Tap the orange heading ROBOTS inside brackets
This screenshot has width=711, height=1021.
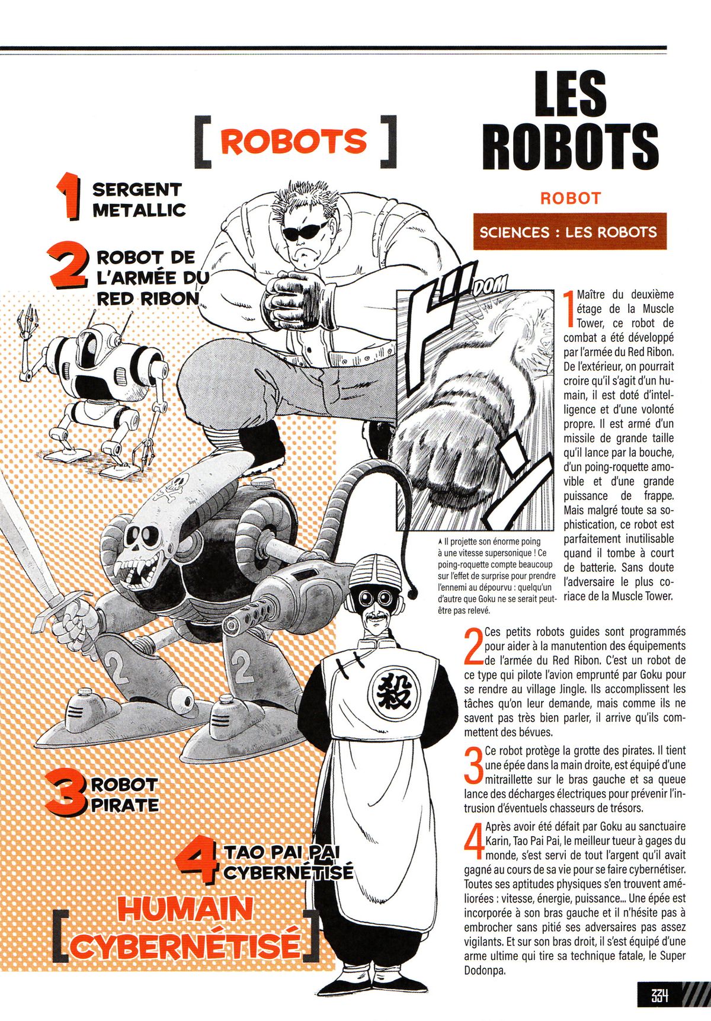point(294,142)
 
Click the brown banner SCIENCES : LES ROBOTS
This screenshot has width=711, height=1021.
point(569,231)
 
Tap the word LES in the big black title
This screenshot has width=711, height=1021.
point(571,94)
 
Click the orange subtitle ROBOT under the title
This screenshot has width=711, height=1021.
point(571,198)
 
